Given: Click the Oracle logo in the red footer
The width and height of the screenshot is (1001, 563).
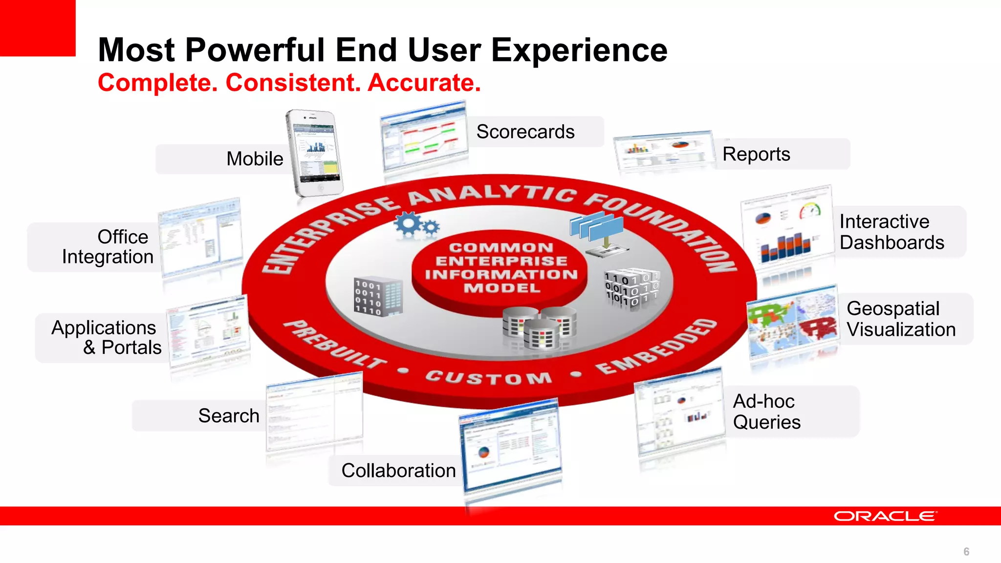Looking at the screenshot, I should tap(885, 516).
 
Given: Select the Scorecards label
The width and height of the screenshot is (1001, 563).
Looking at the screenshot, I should tap(525, 132).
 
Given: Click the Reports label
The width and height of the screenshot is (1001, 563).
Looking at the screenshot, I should tap(756, 154).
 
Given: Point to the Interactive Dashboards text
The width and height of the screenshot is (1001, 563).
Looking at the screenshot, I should tap(892, 232).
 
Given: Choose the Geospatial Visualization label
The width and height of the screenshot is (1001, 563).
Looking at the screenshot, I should tap(900, 319).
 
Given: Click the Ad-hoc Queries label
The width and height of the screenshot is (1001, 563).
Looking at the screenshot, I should tap(766, 411).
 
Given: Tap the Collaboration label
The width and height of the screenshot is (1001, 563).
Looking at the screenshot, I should tap(398, 471).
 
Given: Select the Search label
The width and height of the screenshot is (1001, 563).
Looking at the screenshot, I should tap(229, 416).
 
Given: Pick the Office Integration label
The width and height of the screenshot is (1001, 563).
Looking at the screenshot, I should tap(108, 247).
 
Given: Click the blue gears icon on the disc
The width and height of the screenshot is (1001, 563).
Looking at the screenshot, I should tap(416, 225).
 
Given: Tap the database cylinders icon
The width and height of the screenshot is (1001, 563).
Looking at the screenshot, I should tap(540, 328).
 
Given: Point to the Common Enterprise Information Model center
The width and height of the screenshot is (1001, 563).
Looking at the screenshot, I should tap(501, 268).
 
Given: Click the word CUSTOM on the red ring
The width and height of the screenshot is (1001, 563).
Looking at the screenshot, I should tap(489, 378).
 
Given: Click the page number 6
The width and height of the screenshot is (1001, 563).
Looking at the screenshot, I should tap(966, 552).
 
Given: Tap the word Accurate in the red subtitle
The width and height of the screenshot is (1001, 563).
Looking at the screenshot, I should tap(424, 83).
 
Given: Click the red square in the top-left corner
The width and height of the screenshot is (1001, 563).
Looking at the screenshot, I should tap(38, 28).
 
